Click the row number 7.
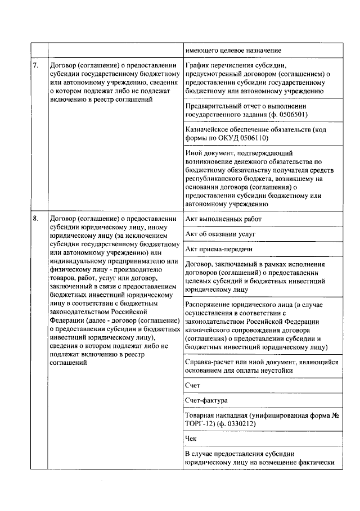click(x=35, y=66)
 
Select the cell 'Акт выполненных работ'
click(x=223, y=219)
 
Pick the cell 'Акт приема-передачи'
click(x=218, y=248)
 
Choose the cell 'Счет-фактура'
click(x=206, y=400)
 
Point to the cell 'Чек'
click(x=191, y=437)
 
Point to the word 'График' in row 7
click(x=197, y=66)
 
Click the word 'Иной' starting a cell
click(x=193, y=153)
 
